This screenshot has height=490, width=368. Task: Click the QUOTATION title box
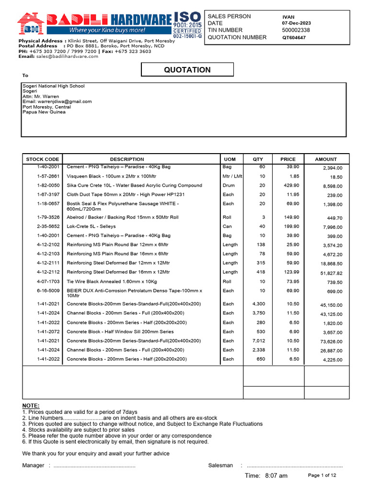tap(187, 70)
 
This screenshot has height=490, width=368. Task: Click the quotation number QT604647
tap(294, 37)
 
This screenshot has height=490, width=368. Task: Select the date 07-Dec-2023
tap(296, 23)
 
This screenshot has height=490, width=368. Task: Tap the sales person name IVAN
tap(288, 17)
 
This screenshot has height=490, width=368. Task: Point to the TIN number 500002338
tap(296, 30)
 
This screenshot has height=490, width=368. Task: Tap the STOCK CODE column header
tap(43, 159)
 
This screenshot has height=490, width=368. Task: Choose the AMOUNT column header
tap(326, 159)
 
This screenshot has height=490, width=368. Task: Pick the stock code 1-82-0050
tap(48, 185)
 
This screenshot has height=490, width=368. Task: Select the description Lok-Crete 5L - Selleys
tap(91, 226)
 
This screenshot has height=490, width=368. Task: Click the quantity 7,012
tap(258, 341)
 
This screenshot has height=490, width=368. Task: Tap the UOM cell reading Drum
tap(228, 185)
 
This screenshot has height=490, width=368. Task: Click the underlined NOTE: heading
tap(31, 406)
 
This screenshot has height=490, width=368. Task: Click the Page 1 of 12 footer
tap(322, 475)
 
